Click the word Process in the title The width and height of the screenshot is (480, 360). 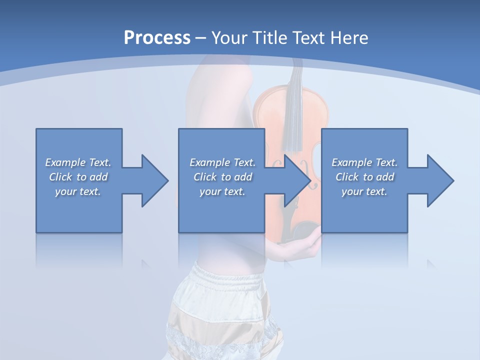tap(157, 38)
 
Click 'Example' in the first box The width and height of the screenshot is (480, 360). tap(65, 162)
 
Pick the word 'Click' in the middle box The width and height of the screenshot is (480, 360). tap(204, 177)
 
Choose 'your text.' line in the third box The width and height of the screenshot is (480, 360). tap(364, 191)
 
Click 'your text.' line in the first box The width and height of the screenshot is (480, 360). tap(77, 191)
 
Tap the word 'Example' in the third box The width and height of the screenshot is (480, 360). tap(352, 162)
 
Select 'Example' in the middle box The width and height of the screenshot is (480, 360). tap(210, 162)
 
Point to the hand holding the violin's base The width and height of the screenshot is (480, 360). tap(300, 242)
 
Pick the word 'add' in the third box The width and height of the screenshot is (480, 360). tap(385, 177)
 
